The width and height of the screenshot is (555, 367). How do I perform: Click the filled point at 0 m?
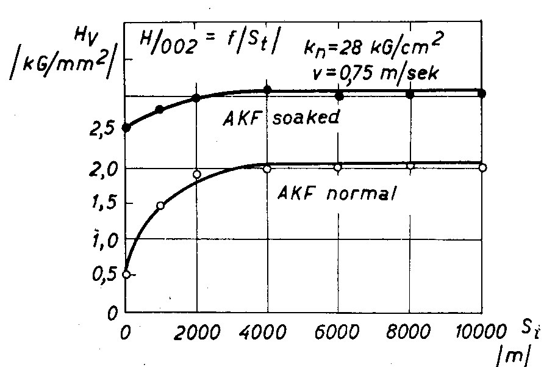(x=126, y=128)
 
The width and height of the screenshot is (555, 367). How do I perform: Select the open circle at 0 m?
(x=126, y=275)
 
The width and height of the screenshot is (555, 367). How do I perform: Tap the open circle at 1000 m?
(x=160, y=206)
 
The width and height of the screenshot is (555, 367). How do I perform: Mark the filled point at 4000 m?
(x=267, y=90)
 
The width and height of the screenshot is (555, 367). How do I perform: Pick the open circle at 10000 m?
(x=482, y=167)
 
